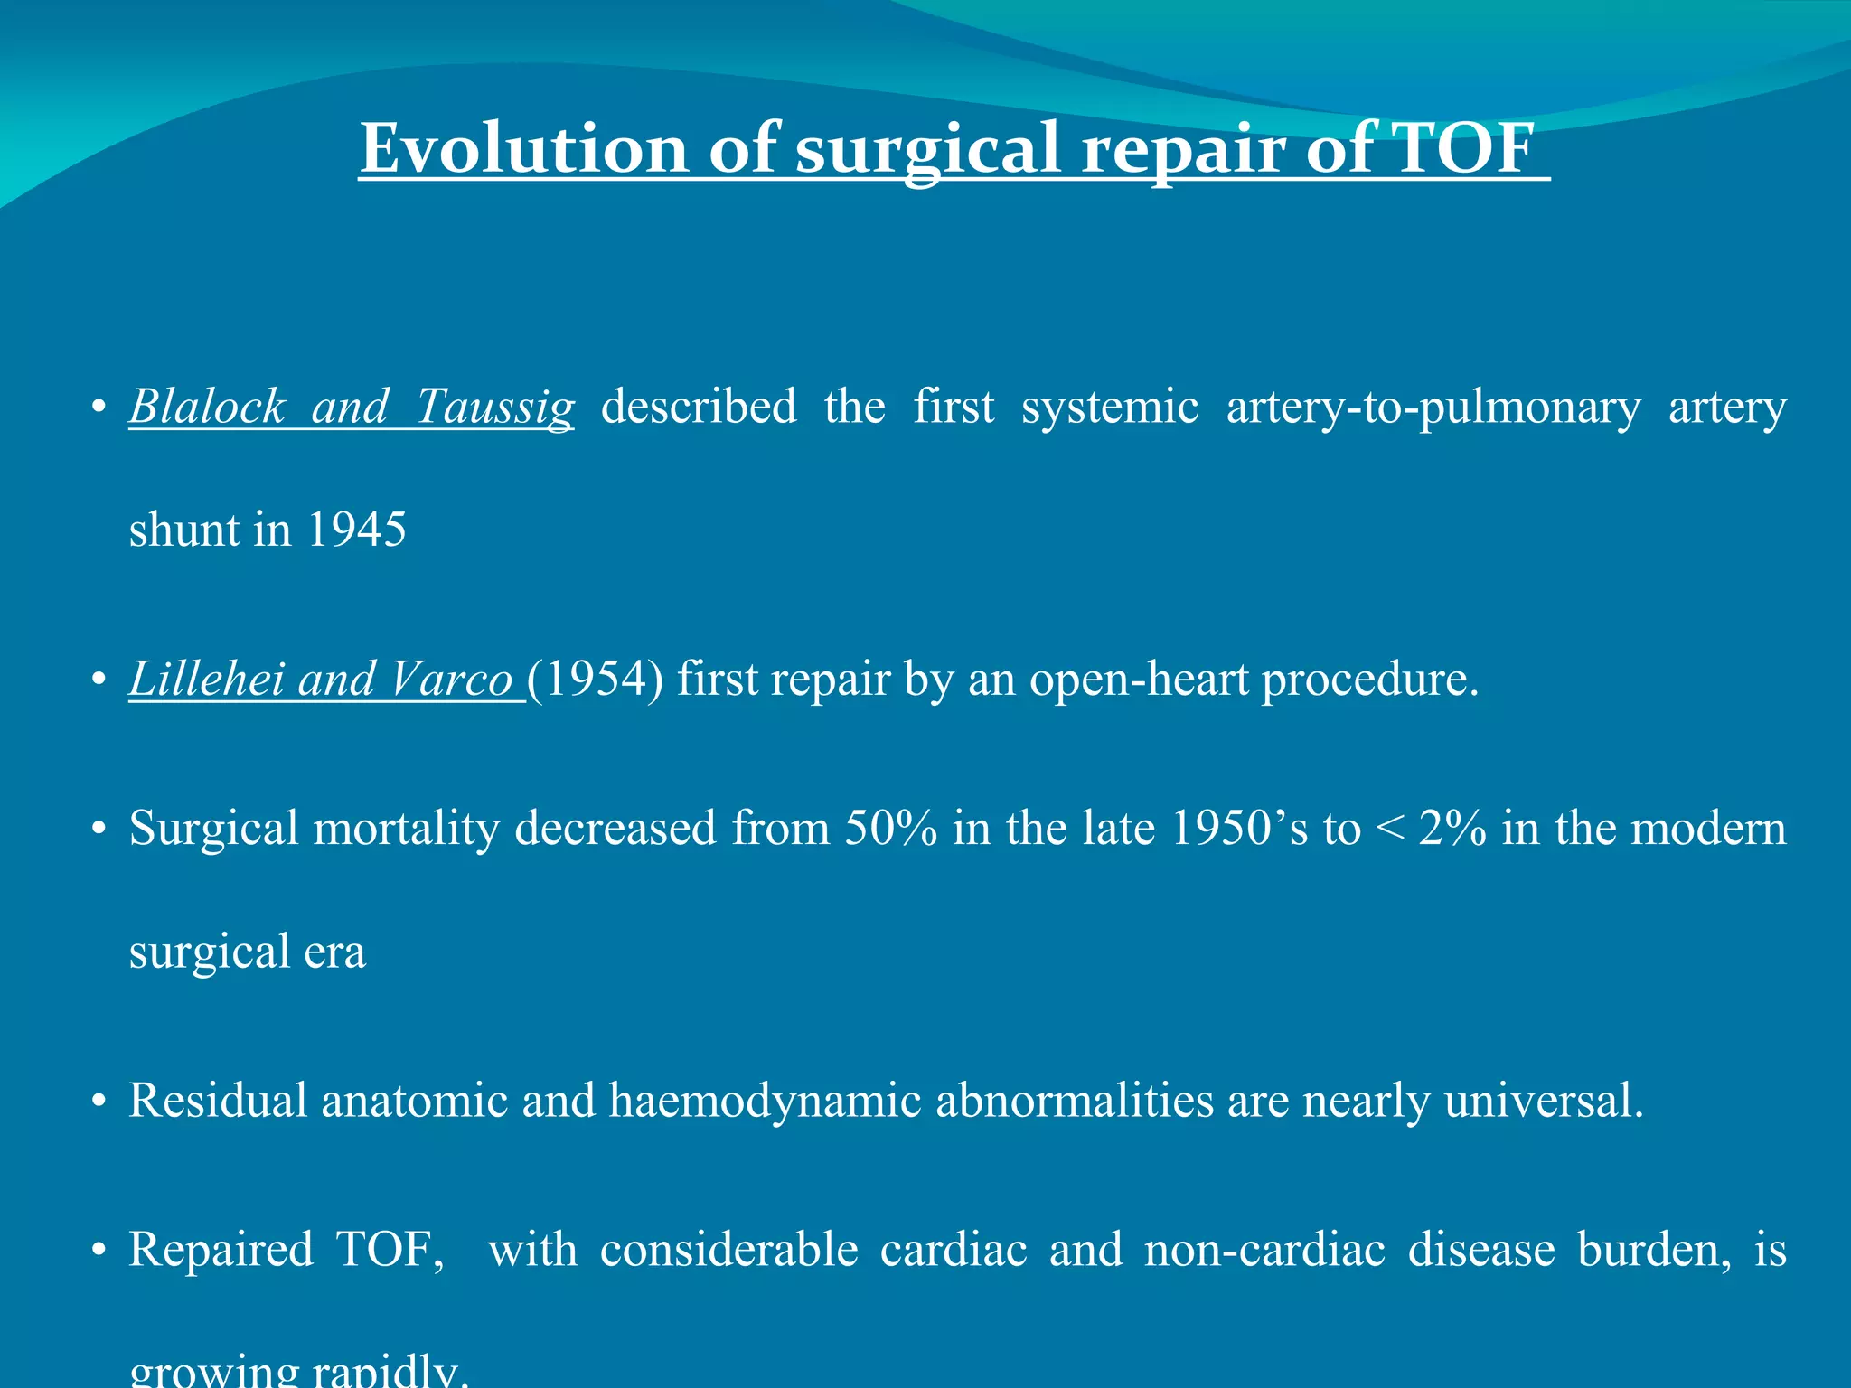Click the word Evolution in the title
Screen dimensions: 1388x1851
[x=523, y=149]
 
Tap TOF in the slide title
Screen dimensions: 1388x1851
[x=1461, y=149]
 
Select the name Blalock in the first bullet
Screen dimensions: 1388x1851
[x=207, y=407]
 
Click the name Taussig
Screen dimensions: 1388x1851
[x=494, y=407]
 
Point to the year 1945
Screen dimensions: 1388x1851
[x=356, y=530]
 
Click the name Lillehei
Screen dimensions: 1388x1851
[x=206, y=680]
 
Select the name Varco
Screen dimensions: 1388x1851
[x=451, y=680]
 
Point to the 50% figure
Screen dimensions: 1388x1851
[x=890, y=829]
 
